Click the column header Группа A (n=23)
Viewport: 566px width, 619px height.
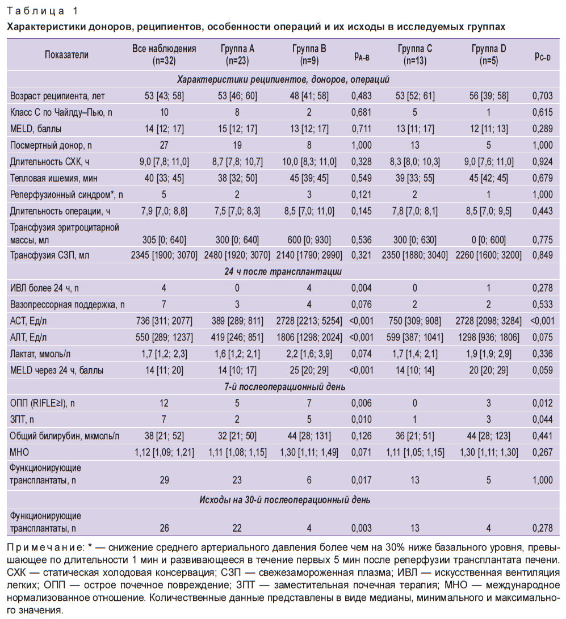(237, 55)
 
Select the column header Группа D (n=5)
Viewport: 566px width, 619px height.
(489, 55)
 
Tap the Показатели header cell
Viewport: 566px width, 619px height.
(66, 55)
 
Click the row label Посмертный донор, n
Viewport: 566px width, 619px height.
(51, 146)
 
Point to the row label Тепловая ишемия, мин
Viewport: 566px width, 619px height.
(54, 178)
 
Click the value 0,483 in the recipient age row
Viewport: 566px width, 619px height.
(362, 96)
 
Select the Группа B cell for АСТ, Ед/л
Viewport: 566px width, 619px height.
(309, 321)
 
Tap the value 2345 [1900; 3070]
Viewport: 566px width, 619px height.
(164, 255)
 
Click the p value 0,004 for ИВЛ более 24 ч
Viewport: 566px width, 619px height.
(362, 288)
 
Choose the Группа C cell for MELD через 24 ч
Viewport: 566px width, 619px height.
(415, 370)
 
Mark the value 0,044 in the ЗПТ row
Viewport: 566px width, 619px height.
(542, 420)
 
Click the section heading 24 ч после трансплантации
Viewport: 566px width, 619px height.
(283, 272)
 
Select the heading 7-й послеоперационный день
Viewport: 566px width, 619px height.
(284, 387)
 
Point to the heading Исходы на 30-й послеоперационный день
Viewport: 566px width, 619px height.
(284, 500)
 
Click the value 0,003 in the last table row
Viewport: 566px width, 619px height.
(362, 528)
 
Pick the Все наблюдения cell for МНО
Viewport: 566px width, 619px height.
(164, 452)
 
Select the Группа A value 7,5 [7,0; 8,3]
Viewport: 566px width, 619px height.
(237, 211)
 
